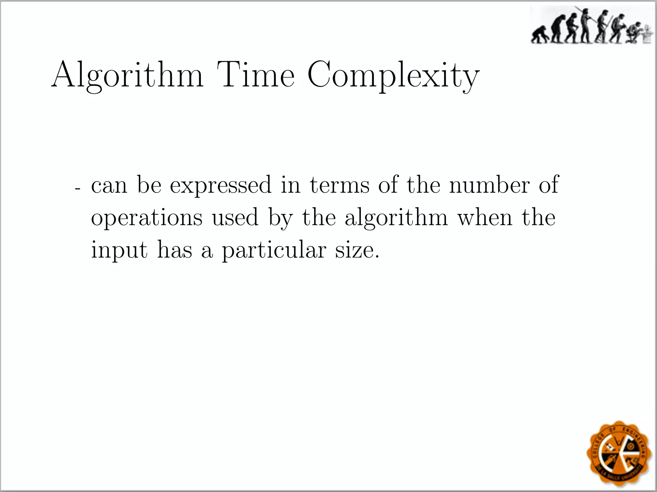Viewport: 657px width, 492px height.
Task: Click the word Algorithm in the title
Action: [127, 75]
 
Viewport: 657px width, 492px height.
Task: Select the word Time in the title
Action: [255, 75]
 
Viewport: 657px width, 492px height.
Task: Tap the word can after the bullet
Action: [109, 186]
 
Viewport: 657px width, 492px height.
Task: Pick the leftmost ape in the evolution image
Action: [539, 36]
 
